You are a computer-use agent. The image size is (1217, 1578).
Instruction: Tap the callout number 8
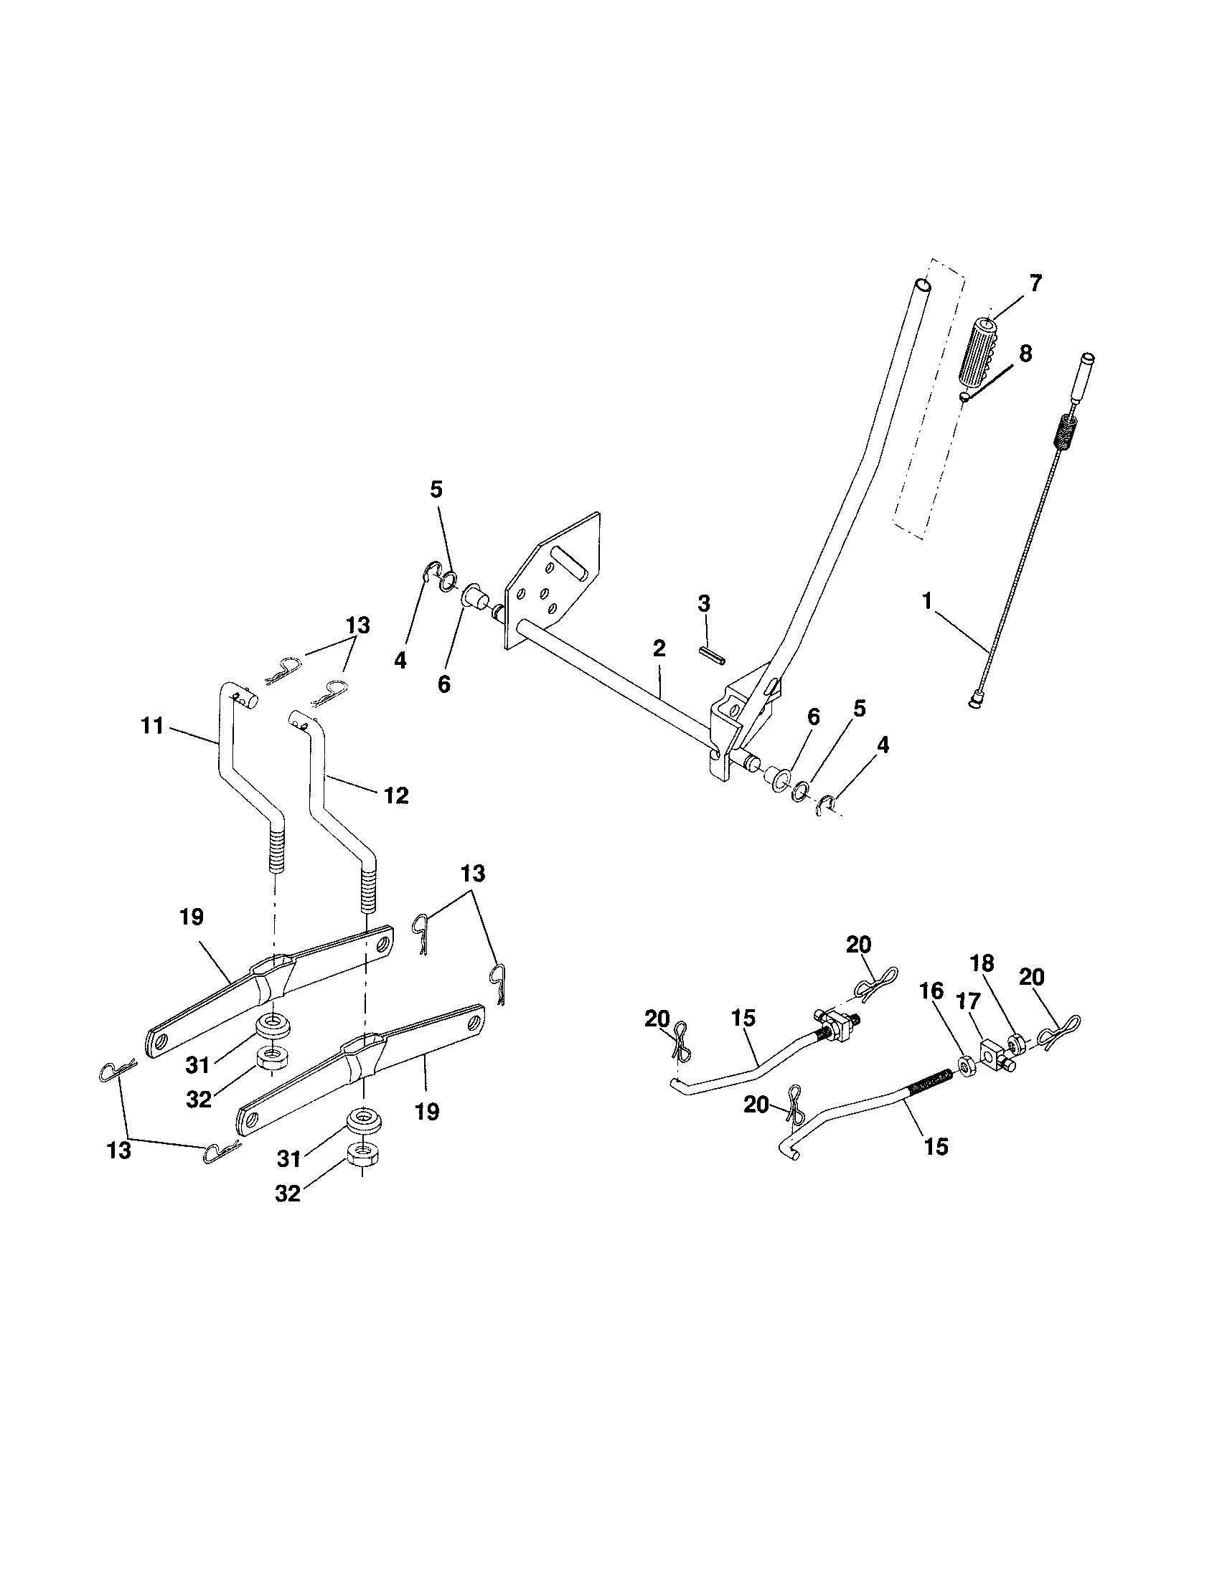(x=1024, y=354)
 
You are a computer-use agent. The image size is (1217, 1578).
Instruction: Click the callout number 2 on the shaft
(x=658, y=648)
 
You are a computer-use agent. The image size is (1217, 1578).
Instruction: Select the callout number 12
(x=396, y=795)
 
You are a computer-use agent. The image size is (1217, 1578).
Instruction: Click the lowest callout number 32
(x=288, y=1194)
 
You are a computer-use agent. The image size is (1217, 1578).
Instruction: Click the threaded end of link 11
(x=278, y=853)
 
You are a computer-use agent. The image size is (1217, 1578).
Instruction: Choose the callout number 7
(x=1035, y=284)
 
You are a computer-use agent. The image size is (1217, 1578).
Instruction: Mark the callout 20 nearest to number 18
(x=1032, y=978)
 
